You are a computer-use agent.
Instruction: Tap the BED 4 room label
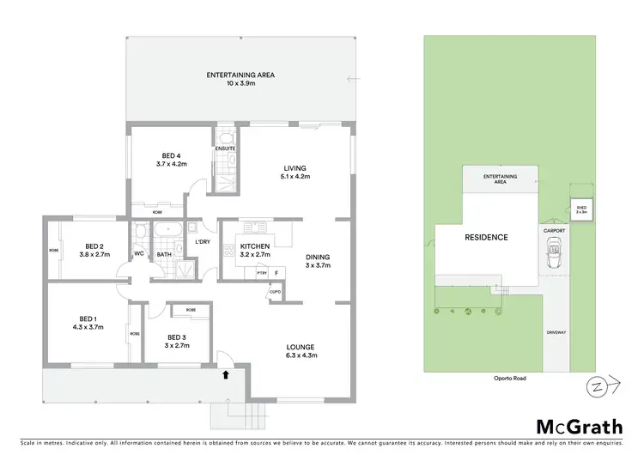(172, 159)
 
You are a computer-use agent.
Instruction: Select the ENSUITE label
(225, 148)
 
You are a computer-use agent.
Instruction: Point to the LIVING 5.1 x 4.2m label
(295, 172)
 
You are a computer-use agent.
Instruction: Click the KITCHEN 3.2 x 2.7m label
(255, 251)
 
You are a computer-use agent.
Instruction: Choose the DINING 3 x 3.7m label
(318, 261)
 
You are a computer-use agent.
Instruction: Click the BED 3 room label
(178, 341)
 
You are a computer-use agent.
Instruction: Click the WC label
(139, 254)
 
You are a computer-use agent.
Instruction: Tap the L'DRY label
(203, 242)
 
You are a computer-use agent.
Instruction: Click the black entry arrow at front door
(227, 374)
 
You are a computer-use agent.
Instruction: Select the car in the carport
(552, 256)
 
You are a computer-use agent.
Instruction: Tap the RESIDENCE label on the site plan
(486, 238)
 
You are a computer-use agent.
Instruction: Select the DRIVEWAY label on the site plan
(554, 331)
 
